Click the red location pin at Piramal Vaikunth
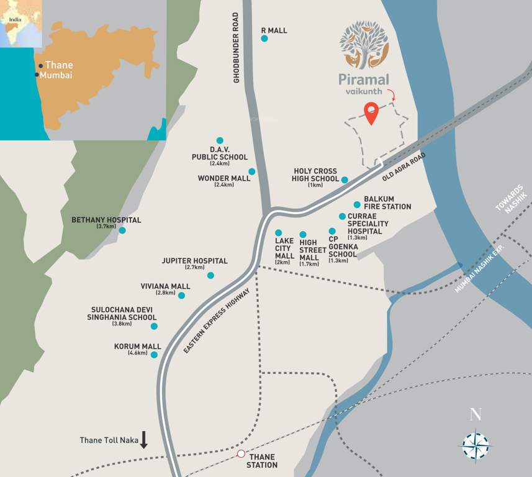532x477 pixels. click(371, 112)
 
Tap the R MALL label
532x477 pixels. click(274, 30)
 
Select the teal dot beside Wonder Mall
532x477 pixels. click(252, 171)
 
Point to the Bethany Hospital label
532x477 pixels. click(106, 220)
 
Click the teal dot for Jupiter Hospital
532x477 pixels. click(210, 275)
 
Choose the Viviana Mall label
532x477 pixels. click(165, 286)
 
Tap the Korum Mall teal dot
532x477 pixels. click(154, 355)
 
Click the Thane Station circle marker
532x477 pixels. click(241, 454)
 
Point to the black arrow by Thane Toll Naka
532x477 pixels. click(144, 440)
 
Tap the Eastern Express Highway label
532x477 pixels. click(217, 321)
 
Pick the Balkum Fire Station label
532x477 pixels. click(387, 202)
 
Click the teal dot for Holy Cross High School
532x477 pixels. click(345, 180)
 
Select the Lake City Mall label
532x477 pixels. click(284, 247)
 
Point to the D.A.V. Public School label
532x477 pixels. click(220, 153)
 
